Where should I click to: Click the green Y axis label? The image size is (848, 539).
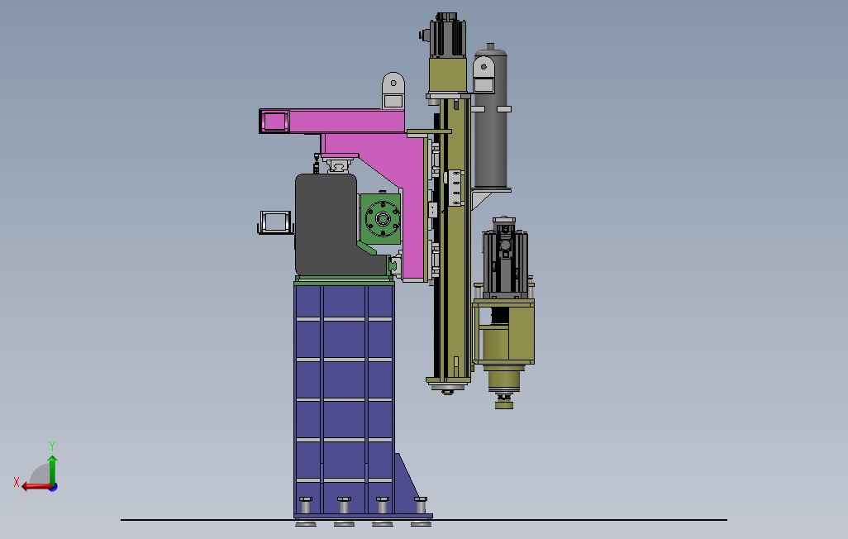pyautogui.click(x=52, y=446)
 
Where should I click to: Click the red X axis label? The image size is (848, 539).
pyautogui.click(x=17, y=482)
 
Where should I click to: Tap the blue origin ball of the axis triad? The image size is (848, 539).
pyautogui.click(x=54, y=487)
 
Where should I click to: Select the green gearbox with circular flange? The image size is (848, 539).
pyautogui.click(x=381, y=218)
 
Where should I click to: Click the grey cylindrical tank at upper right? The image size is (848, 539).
pyautogui.click(x=490, y=118)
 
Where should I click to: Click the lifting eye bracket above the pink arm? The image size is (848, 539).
pyautogui.click(x=393, y=91)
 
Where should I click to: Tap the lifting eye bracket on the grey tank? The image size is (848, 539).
pyautogui.click(x=484, y=75)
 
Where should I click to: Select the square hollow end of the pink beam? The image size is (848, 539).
pyautogui.click(x=274, y=122)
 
